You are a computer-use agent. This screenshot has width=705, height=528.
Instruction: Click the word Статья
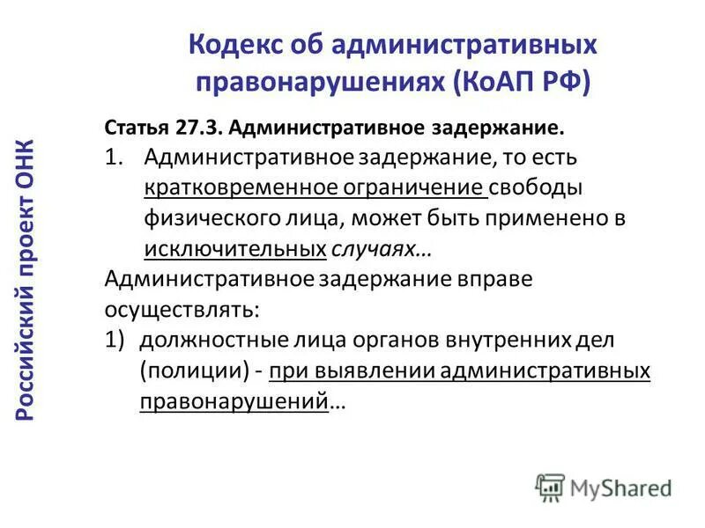(x=135, y=127)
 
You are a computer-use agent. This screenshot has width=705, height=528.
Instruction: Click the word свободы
(x=548, y=188)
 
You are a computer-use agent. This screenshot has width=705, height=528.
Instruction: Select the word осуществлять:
(x=182, y=310)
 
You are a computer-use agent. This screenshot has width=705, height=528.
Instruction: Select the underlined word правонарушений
(x=233, y=401)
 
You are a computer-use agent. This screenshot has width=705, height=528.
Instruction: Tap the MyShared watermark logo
(x=604, y=487)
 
